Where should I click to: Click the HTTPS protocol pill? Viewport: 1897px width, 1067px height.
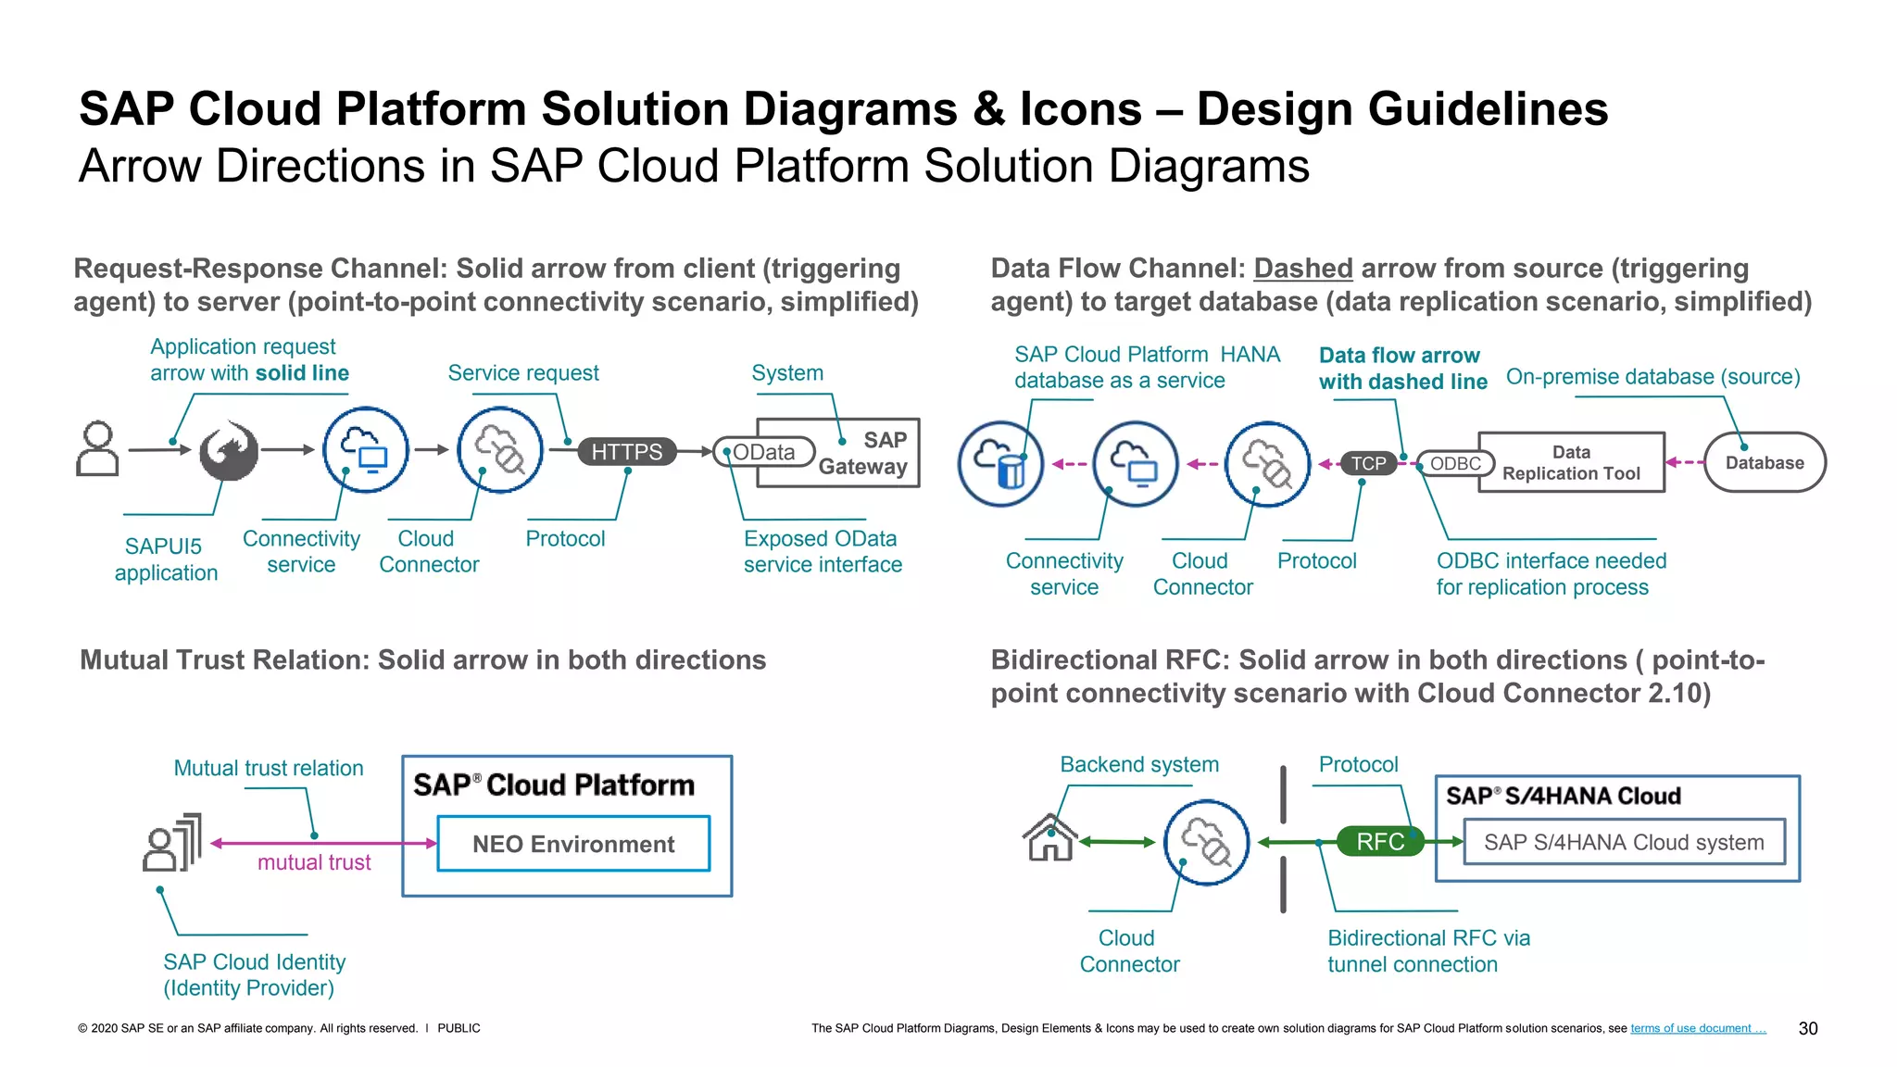(627, 452)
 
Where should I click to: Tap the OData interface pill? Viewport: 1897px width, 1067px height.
(764, 452)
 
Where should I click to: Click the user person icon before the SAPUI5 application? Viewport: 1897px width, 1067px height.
(97, 449)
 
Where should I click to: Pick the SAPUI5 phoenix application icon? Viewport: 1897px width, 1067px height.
(229, 450)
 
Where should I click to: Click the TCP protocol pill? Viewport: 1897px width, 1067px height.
(1368, 463)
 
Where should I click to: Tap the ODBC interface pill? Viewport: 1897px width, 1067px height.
(1455, 463)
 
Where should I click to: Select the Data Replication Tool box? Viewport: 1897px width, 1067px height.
(1572, 462)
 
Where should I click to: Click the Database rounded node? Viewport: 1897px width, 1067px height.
(1765, 462)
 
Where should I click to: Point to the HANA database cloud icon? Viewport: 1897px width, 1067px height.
(1000, 463)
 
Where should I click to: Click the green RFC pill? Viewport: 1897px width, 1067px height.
(1380, 841)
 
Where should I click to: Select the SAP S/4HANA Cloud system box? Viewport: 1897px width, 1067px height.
(1624, 842)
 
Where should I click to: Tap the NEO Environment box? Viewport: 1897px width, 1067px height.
(573, 844)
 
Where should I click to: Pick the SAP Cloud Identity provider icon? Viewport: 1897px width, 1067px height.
(172, 843)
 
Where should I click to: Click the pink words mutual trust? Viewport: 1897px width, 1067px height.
(314, 862)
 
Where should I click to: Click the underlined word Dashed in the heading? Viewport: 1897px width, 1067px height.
(1302, 269)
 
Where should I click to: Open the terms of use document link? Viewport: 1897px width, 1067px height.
(1698, 1028)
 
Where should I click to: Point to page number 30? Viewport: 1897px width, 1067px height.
(1807, 1028)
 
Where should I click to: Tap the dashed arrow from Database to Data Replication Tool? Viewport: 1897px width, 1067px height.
(1685, 462)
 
